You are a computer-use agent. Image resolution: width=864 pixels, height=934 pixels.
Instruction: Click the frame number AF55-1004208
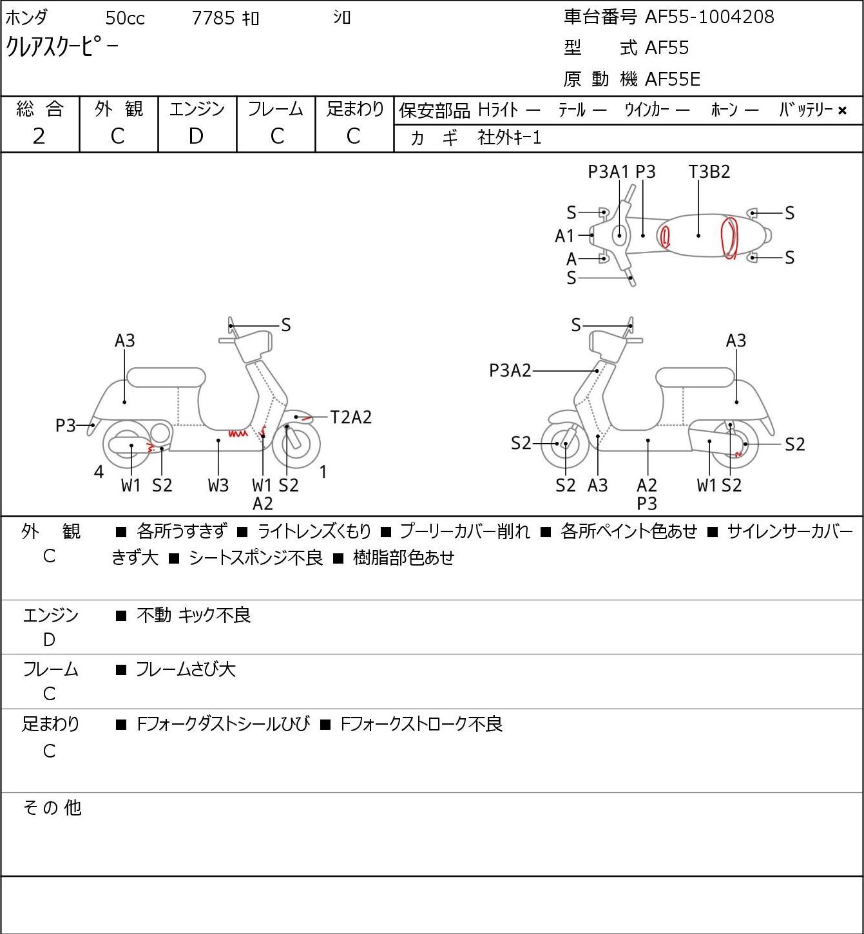(x=709, y=17)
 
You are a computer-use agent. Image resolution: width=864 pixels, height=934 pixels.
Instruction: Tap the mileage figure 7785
(x=213, y=18)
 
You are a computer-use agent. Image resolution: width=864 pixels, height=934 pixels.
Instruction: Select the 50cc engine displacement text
(x=125, y=18)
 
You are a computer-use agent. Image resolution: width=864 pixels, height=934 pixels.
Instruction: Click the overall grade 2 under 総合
(x=39, y=136)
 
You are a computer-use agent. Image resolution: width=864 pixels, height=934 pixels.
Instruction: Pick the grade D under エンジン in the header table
(x=196, y=136)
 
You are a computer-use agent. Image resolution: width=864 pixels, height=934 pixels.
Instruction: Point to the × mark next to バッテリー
(x=842, y=111)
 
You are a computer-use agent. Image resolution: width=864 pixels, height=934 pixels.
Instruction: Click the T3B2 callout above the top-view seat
(x=709, y=171)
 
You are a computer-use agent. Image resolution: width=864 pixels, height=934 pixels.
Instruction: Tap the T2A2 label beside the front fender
(x=350, y=417)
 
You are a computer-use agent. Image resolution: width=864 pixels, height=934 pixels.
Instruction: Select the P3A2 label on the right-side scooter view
(x=510, y=370)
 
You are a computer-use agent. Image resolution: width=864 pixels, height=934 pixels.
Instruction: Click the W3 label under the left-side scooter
(x=218, y=485)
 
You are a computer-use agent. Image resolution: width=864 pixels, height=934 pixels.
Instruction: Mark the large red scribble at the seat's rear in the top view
(x=730, y=238)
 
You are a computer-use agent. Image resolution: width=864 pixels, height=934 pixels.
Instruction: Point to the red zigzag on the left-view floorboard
(x=238, y=433)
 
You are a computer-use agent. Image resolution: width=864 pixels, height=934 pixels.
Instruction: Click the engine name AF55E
(x=673, y=79)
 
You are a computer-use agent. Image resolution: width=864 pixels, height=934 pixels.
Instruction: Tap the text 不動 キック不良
(x=194, y=615)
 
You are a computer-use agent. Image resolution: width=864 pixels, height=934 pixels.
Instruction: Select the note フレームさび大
(x=186, y=669)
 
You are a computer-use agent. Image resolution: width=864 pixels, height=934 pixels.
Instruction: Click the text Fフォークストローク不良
(x=421, y=724)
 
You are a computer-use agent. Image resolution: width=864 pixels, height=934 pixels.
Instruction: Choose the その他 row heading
(x=52, y=808)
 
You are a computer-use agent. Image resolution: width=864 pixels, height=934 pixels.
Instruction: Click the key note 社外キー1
(x=510, y=137)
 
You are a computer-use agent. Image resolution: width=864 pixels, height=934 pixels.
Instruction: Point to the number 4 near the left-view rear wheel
(x=99, y=472)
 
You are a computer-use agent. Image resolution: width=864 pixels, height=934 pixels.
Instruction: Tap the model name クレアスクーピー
(x=62, y=46)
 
